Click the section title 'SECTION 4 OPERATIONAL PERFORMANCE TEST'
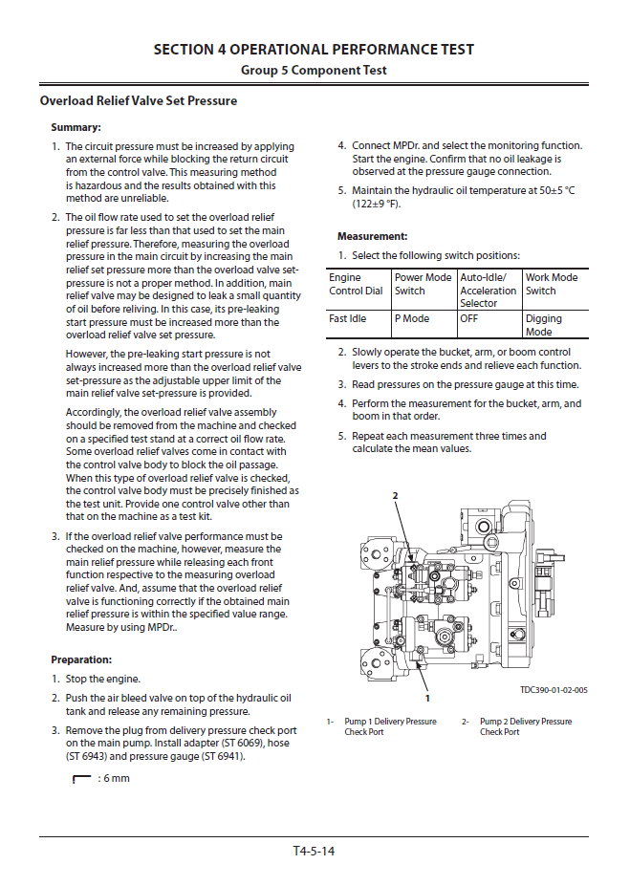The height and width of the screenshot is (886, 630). click(x=314, y=50)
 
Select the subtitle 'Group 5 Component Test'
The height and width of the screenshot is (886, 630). click(x=314, y=71)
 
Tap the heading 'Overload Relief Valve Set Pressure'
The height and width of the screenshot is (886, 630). click(x=139, y=100)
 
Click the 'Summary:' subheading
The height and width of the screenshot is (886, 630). click(x=76, y=127)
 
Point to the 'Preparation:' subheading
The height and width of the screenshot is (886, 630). click(x=81, y=659)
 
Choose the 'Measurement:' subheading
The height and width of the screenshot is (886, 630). click(x=372, y=236)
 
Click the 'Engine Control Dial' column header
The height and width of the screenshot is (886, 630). click(x=356, y=284)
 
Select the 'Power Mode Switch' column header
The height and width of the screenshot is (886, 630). click(x=423, y=284)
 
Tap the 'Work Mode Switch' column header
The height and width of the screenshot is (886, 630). click(x=552, y=284)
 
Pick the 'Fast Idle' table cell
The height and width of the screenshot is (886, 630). click(x=347, y=319)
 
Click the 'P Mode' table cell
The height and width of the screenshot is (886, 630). click(x=412, y=319)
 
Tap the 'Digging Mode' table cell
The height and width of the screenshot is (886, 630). click(x=544, y=325)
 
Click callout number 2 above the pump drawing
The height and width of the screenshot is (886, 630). click(x=394, y=496)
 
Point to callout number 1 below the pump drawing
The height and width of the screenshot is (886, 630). click(x=426, y=699)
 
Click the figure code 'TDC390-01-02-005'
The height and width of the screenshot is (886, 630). click(x=554, y=689)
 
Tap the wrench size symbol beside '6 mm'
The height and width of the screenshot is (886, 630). click(x=81, y=778)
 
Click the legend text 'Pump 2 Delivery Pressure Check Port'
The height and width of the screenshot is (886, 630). click(x=525, y=726)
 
